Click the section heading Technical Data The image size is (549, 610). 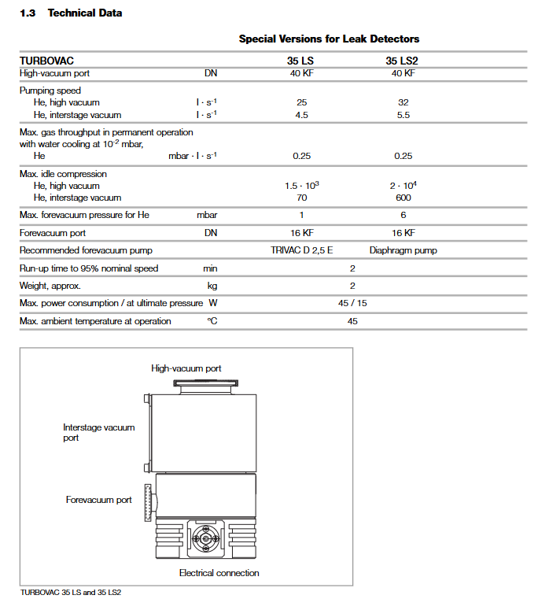tap(85, 13)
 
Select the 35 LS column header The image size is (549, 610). tap(301, 60)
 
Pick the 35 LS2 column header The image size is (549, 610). tap(403, 60)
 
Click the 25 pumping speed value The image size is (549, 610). tap(301, 102)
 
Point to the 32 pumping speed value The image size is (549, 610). tap(403, 102)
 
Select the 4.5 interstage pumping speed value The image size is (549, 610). tap(301, 115)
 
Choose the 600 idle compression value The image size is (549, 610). tap(403, 198)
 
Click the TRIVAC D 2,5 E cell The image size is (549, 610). tap(301, 250)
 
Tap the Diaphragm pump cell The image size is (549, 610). tap(403, 250)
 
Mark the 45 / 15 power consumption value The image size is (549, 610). tap(352, 303)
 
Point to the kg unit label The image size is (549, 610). tap(212, 286)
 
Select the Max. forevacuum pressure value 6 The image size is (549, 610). tap(403, 215)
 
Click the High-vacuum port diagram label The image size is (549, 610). tap(186, 368)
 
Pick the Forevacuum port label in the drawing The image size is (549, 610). tap(98, 500)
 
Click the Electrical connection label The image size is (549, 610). tap(219, 573)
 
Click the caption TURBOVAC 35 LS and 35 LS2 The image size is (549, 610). tap(70, 592)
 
